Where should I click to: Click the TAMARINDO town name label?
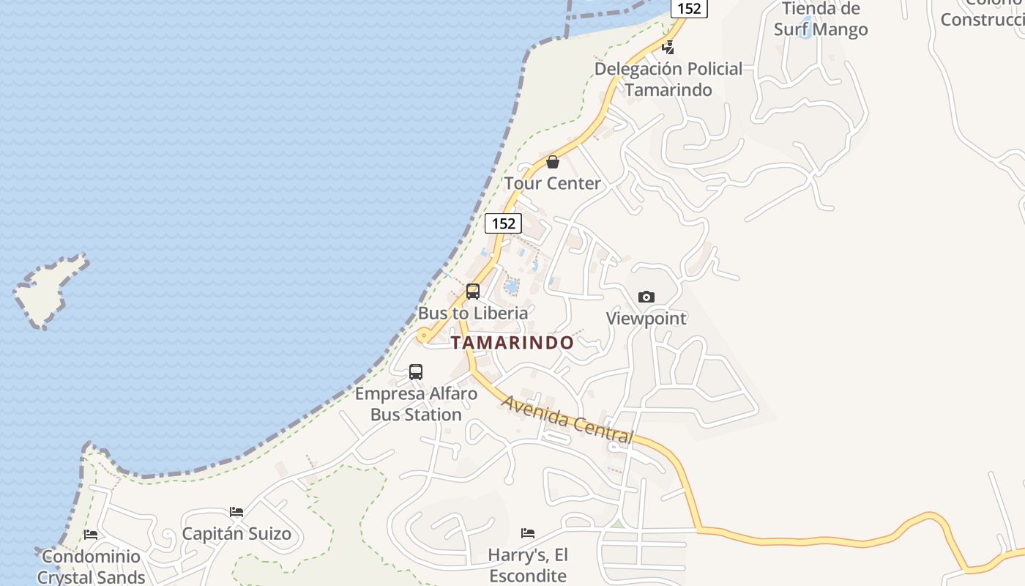512,343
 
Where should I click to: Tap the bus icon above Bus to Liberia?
473,292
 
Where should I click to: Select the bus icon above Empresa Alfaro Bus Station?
416,372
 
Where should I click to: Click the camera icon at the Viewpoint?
646,297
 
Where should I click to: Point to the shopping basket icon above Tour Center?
553,162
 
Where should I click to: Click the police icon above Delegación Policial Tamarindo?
668,48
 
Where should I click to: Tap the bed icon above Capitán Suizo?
236,512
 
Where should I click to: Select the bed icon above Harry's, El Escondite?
528,533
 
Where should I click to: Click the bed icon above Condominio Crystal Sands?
91,535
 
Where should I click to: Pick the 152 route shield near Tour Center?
503,223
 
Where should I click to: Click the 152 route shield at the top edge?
689,8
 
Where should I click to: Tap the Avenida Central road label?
567,420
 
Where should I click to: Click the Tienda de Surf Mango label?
821,19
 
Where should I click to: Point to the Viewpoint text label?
646,319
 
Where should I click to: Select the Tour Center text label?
553,183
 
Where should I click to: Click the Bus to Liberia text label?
473,313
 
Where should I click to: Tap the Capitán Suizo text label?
236,533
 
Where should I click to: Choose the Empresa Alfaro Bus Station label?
416,404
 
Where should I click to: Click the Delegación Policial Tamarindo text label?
668,79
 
